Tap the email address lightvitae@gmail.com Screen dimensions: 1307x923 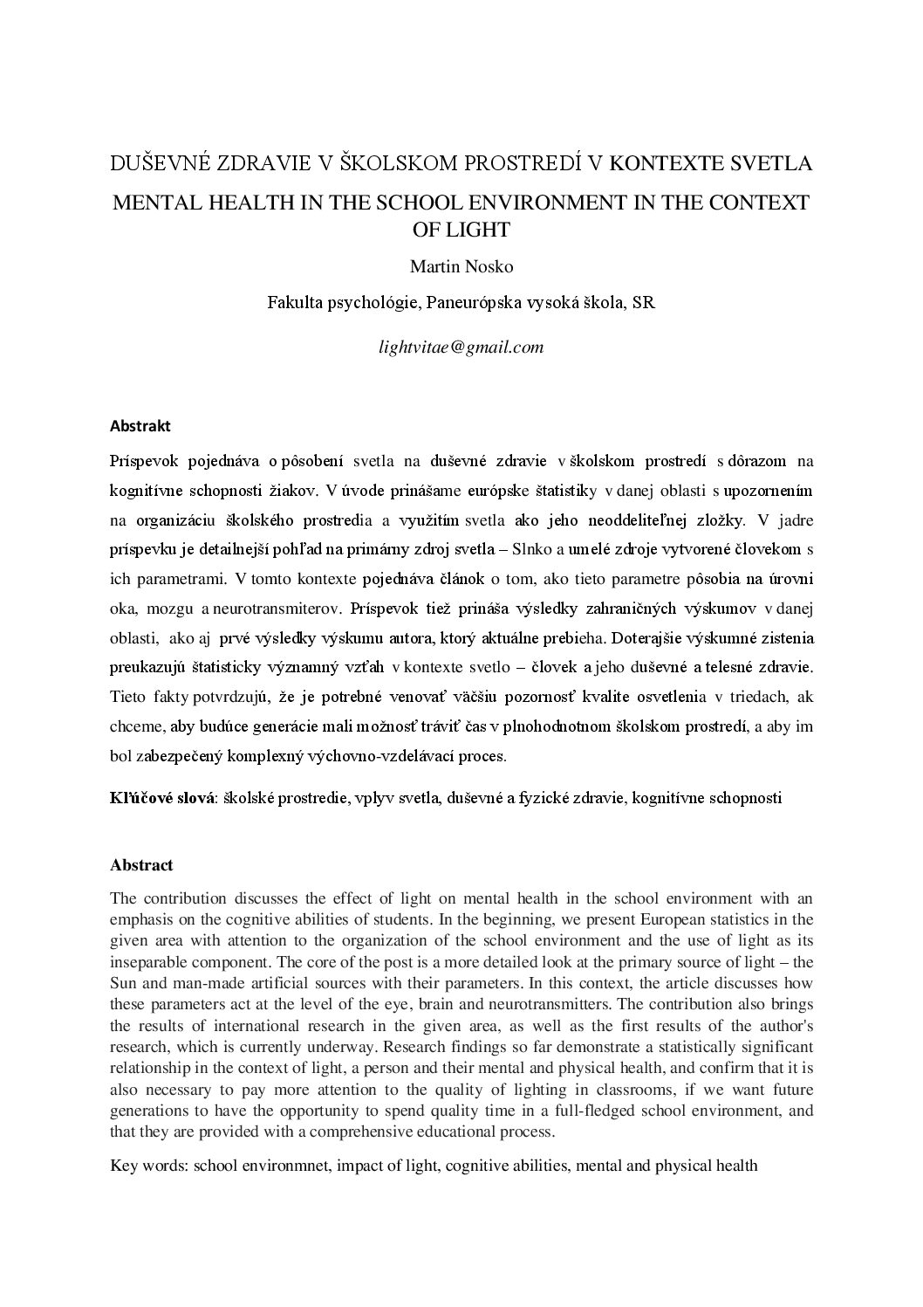(x=461, y=347)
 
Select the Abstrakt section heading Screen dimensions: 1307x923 (x=140, y=426)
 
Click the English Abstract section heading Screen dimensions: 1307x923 (x=141, y=865)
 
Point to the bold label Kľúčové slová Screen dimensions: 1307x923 (x=162, y=797)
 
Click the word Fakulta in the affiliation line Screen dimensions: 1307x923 (x=295, y=303)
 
